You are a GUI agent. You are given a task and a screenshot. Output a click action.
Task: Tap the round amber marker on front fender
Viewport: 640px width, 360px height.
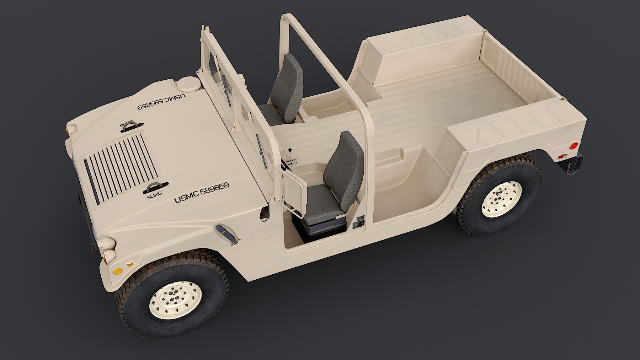(x=130, y=264)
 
